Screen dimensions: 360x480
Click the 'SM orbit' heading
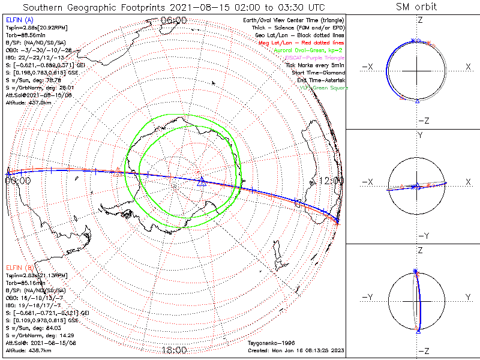(x=416, y=7)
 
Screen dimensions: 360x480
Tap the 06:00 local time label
(x=174, y=20)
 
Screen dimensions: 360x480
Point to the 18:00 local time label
(x=174, y=350)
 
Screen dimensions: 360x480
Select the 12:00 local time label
(x=331, y=181)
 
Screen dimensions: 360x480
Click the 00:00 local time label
(x=18, y=180)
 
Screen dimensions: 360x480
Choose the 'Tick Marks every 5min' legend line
(x=317, y=65)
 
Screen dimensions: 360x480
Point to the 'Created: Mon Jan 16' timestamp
(x=295, y=350)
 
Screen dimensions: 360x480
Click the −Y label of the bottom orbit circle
(x=367, y=297)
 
